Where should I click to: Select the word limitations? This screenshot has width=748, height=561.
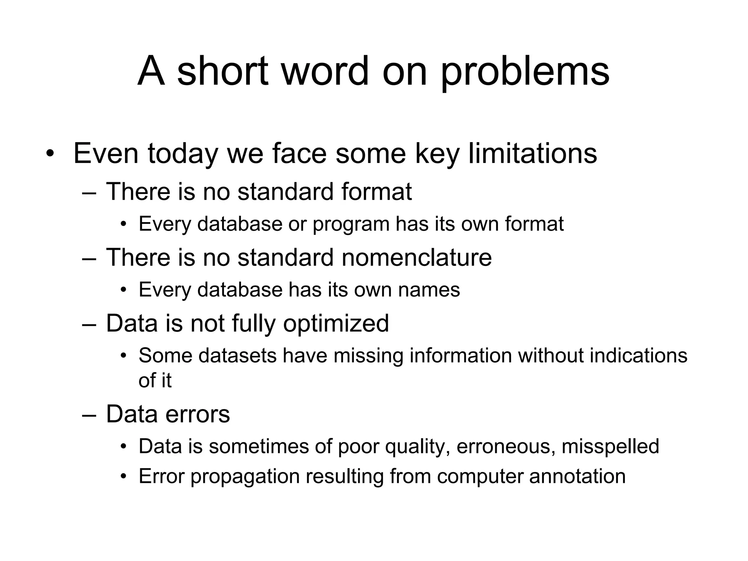point(533,153)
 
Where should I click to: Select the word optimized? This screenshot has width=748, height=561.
point(336,324)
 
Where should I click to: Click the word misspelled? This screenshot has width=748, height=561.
point(610,447)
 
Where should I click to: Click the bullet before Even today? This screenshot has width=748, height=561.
point(50,154)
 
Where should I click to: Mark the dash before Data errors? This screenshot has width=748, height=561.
point(89,415)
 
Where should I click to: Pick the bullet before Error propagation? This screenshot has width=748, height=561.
point(124,477)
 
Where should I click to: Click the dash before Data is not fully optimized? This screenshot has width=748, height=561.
point(89,324)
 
